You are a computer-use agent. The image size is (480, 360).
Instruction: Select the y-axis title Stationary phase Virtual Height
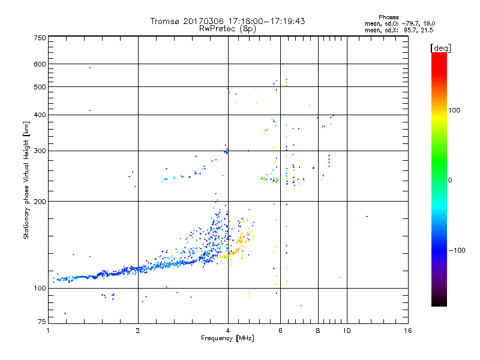(x=26, y=182)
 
